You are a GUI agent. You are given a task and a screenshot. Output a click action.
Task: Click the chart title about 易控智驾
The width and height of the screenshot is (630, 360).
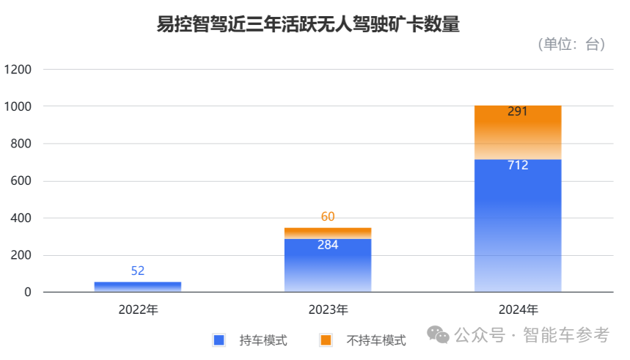click(308, 24)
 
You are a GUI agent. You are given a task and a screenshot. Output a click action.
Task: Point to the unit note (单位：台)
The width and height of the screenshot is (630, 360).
click(571, 45)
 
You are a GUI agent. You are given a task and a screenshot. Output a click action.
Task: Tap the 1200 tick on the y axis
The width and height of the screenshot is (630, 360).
click(18, 70)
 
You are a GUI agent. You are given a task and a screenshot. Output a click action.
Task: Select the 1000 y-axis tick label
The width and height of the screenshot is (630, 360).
click(18, 107)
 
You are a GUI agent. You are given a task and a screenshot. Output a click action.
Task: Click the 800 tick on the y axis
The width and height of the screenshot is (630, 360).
click(21, 144)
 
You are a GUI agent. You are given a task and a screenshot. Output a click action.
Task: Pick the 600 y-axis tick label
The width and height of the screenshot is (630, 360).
click(21, 181)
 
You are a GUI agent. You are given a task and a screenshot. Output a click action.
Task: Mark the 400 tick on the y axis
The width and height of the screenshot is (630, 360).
click(21, 218)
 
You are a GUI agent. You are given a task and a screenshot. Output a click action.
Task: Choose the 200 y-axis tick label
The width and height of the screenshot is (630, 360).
click(21, 256)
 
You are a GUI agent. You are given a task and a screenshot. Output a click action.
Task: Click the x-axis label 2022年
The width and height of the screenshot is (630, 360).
click(138, 309)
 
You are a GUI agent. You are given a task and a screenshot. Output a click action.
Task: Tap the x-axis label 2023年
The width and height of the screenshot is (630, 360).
click(328, 309)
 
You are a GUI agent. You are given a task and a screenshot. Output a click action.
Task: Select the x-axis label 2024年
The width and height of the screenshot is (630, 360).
click(518, 309)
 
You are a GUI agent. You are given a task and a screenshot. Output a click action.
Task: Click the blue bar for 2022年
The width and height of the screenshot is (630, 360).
click(138, 287)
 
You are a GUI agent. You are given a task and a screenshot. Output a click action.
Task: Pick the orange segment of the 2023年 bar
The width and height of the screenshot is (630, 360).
click(328, 233)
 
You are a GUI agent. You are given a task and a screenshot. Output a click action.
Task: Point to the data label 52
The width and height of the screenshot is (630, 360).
click(138, 271)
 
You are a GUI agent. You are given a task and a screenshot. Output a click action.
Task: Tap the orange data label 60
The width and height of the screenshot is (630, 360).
click(328, 217)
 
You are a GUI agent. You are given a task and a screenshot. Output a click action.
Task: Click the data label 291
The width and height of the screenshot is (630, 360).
click(518, 112)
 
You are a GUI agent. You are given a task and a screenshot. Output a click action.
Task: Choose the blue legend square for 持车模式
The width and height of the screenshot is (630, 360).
click(218, 339)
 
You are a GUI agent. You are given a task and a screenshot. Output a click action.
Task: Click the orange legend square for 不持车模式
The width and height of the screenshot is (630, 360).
click(326, 339)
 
